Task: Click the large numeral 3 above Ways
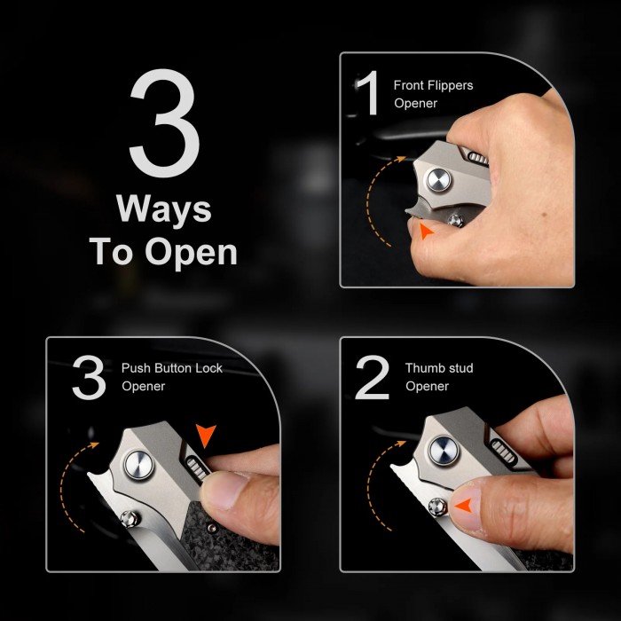pyautogui.click(x=164, y=122)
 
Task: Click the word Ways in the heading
pyautogui.click(x=164, y=210)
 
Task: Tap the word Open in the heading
pyautogui.click(x=192, y=253)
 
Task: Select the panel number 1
pyautogui.click(x=368, y=92)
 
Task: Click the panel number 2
pyautogui.click(x=372, y=377)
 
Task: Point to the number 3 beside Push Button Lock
pyautogui.click(x=89, y=377)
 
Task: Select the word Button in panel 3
pyautogui.click(x=174, y=368)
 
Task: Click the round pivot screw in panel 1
pyautogui.click(x=438, y=179)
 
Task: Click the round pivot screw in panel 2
pyautogui.click(x=444, y=451)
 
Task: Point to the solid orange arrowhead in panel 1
pyautogui.click(x=426, y=231)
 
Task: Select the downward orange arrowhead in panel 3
pyautogui.click(x=206, y=436)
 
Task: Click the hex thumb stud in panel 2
pyautogui.click(x=437, y=507)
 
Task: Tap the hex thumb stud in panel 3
pyautogui.click(x=130, y=519)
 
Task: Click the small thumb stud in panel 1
pyautogui.click(x=455, y=221)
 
